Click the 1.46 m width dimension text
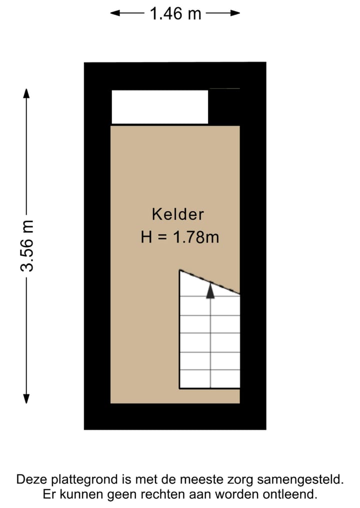175,13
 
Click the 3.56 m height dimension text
27,245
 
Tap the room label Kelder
178,214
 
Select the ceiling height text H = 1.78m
180,237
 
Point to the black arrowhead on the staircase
210,290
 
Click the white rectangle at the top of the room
159,106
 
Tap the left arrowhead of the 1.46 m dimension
114,13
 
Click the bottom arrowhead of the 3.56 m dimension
26,398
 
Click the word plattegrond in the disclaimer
85,480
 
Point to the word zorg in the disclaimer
237,480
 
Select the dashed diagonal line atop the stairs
209,282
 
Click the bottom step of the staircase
210,379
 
